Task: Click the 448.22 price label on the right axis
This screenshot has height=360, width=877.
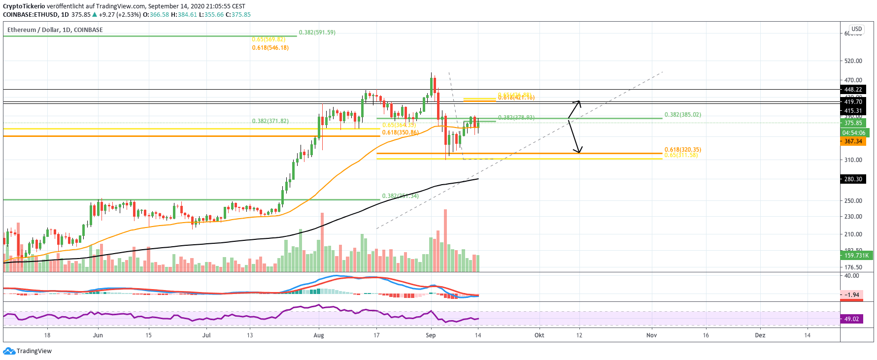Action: [853, 90]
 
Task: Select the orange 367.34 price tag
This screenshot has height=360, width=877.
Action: [853, 141]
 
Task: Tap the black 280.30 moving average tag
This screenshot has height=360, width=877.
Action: [853, 179]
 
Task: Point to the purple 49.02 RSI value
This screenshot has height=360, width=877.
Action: [851, 319]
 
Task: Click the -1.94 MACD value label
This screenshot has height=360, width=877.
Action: [852, 295]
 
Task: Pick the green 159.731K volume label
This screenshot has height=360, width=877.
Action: [856, 256]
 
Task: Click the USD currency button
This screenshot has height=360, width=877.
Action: [857, 29]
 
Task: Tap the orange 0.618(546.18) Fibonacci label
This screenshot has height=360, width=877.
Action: [270, 48]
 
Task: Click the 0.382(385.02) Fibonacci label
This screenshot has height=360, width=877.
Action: [682, 115]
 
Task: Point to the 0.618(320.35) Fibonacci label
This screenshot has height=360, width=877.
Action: [682, 150]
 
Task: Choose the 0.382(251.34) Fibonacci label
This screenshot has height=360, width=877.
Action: [400, 196]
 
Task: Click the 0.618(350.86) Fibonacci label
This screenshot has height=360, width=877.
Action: [400, 132]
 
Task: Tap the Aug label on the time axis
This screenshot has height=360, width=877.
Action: [319, 335]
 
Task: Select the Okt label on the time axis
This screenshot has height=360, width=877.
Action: [540, 335]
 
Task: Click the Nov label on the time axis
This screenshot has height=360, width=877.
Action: [651, 335]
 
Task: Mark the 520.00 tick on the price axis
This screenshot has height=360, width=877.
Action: [853, 61]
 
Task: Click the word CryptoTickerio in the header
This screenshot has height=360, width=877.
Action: [24, 6]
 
